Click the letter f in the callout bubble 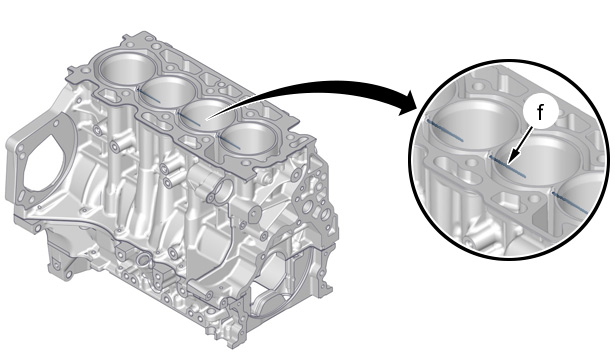[x=540, y=113]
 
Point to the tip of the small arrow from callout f [x=507, y=163]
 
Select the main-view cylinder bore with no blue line [x=124, y=69]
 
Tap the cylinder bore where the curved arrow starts [x=208, y=116]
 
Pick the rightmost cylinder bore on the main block [x=248, y=139]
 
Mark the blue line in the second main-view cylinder [x=149, y=95]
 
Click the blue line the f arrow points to [x=508, y=166]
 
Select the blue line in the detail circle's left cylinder [x=445, y=130]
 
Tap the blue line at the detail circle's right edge [x=570, y=202]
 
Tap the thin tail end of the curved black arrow [x=208, y=117]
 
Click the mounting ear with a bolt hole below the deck [x=253, y=212]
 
